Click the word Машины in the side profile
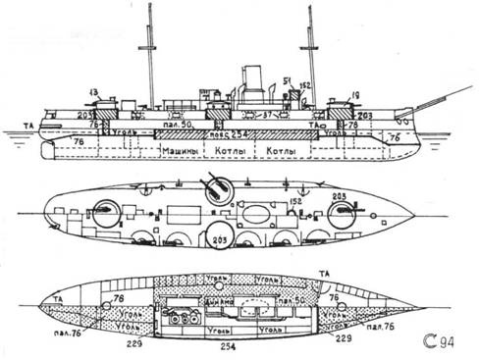pyautogui.click(x=186, y=154)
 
